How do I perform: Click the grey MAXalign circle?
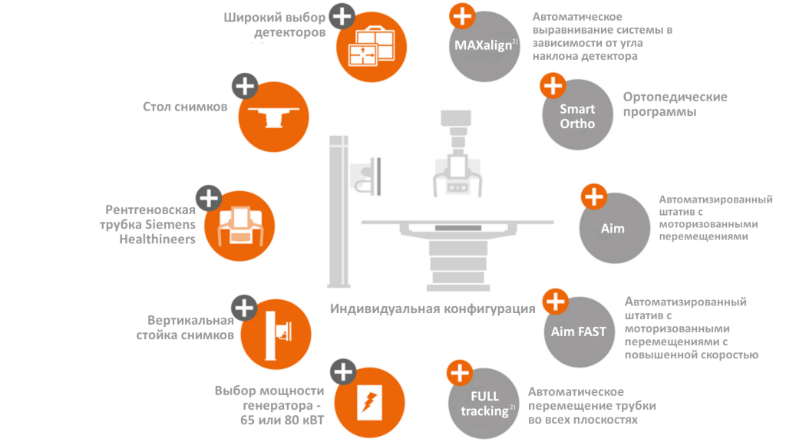[484, 47]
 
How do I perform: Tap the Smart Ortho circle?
[577, 115]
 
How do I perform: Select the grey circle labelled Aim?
[615, 228]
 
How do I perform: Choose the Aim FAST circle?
[580, 332]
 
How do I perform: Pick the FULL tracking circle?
[484, 404]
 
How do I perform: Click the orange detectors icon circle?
[372, 47]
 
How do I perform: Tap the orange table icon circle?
[274, 117]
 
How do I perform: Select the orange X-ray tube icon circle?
[239, 226]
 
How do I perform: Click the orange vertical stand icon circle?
[276, 335]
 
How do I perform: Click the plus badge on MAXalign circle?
[462, 16]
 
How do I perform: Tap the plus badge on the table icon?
[245, 86]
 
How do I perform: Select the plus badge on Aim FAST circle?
[556, 302]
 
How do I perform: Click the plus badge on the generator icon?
[343, 372]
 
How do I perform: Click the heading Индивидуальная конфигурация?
[433, 308]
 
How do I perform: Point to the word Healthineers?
[157, 239]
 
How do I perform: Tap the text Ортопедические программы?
[675, 104]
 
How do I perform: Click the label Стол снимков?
[185, 107]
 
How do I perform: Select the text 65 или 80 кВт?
[282, 420]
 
